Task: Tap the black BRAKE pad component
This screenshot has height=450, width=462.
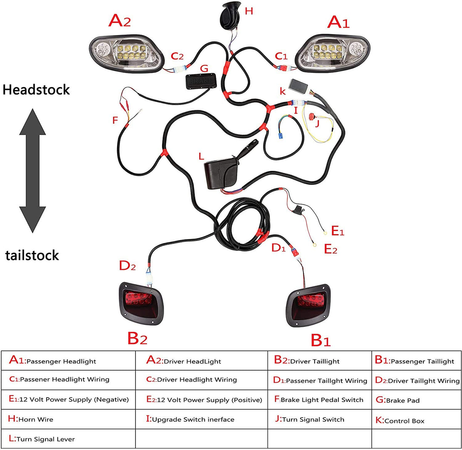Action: pos(201,81)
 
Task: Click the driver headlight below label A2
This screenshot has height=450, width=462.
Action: pos(127,54)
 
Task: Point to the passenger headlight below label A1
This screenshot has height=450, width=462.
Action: pos(332,53)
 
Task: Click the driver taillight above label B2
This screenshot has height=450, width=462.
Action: pos(142,303)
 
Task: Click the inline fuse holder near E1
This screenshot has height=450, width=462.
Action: pos(298,209)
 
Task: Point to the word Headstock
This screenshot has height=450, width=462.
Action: pos(36,90)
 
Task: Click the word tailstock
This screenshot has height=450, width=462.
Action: pos(32,255)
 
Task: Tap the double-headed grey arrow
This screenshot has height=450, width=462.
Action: pos(32,171)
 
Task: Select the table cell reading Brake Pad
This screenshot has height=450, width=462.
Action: pos(417,400)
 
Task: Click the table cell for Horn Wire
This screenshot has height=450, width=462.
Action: pos(69,419)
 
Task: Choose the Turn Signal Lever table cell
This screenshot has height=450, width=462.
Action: pos(69,439)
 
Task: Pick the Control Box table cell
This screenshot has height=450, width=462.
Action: pos(417,419)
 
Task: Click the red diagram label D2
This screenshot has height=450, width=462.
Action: pos(127,266)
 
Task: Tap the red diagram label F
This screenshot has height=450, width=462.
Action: pos(115,120)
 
